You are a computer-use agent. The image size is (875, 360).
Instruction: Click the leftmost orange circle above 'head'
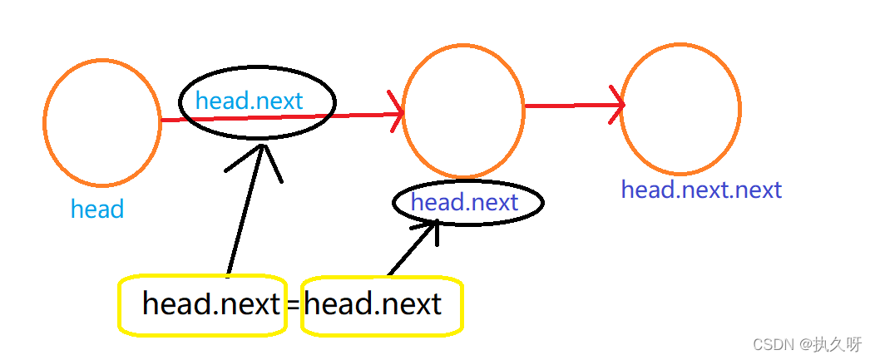(101, 123)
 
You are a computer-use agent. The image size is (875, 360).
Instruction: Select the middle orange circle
(463, 111)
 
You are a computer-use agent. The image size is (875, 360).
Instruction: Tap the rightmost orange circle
(680, 111)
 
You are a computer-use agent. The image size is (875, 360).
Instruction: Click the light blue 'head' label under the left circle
(97, 210)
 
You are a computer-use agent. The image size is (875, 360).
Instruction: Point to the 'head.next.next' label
(701, 190)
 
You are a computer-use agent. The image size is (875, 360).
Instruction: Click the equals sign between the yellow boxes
(293, 305)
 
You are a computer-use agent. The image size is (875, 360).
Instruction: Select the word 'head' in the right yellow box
(336, 303)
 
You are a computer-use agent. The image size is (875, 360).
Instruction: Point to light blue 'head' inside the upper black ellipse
(221, 101)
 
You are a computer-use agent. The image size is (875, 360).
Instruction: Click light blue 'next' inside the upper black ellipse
(279, 101)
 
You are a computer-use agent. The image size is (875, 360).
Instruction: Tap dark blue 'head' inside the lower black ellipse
(437, 202)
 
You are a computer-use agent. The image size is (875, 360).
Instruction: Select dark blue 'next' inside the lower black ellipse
(494, 202)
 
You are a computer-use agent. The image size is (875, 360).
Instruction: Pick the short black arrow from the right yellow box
(414, 247)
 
